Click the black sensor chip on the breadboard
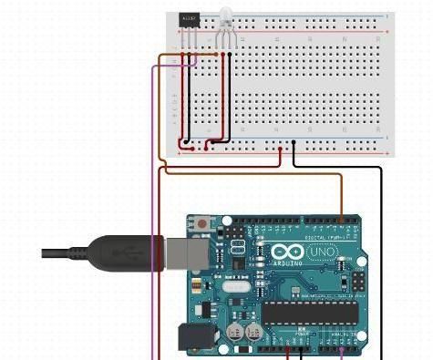pyautogui.click(x=190, y=18)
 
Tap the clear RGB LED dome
pyautogui.click(x=224, y=16)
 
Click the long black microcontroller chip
pyautogui.click(x=310, y=313)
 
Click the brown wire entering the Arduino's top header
pyautogui.click(x=341, y=201)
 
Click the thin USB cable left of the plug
pyautogui.click(x=64, y=252)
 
